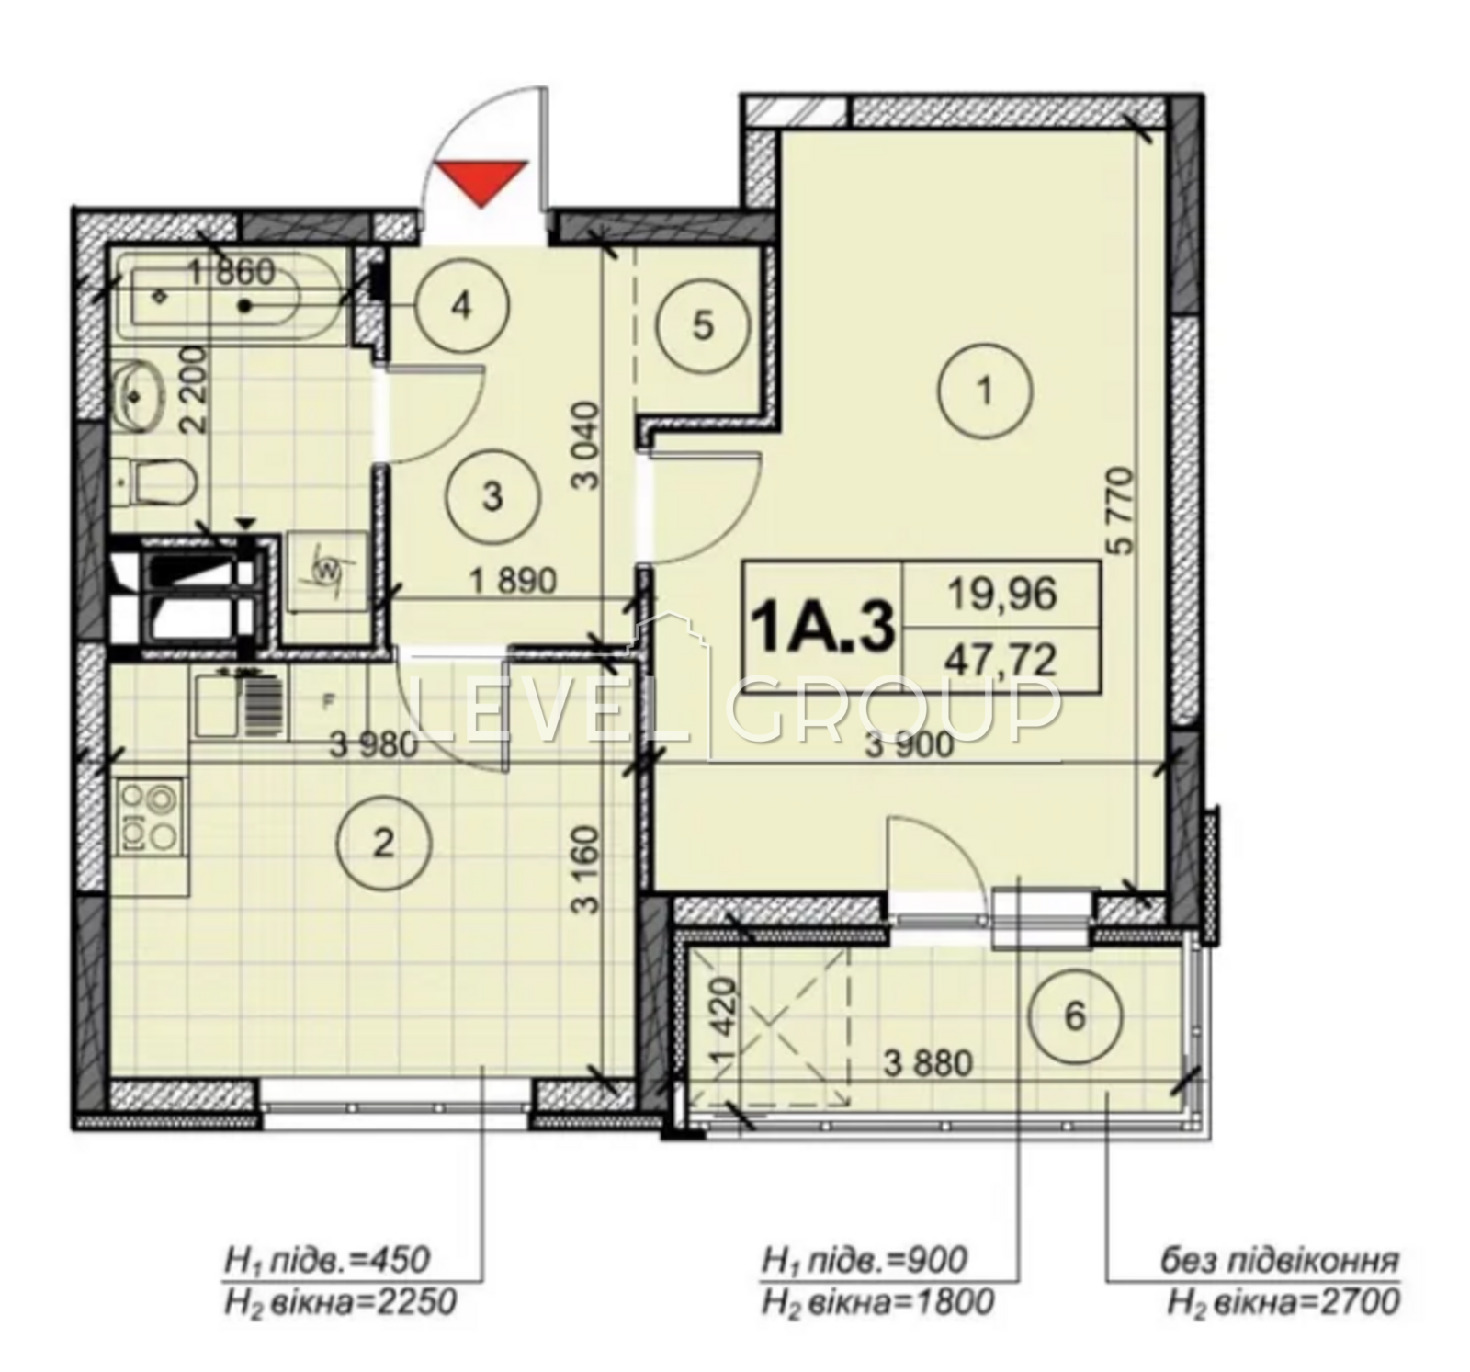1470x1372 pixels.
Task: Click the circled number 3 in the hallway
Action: pyautogui.click(x=492, y=497)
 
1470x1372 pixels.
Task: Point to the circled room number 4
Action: pyautogui.click(x=461, y=306)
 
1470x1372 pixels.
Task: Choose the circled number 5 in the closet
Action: pyautogui.click(x=703, y=326)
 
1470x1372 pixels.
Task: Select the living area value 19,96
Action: pyautogui.click(x=1002, y=595)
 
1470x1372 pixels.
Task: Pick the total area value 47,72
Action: pyautogui.click(x=1002, y=659)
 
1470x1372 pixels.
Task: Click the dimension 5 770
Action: pyautogui.click(x=1123, y=510)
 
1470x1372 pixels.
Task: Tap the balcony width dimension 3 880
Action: pyautogui.click(x=928, y=1064)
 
